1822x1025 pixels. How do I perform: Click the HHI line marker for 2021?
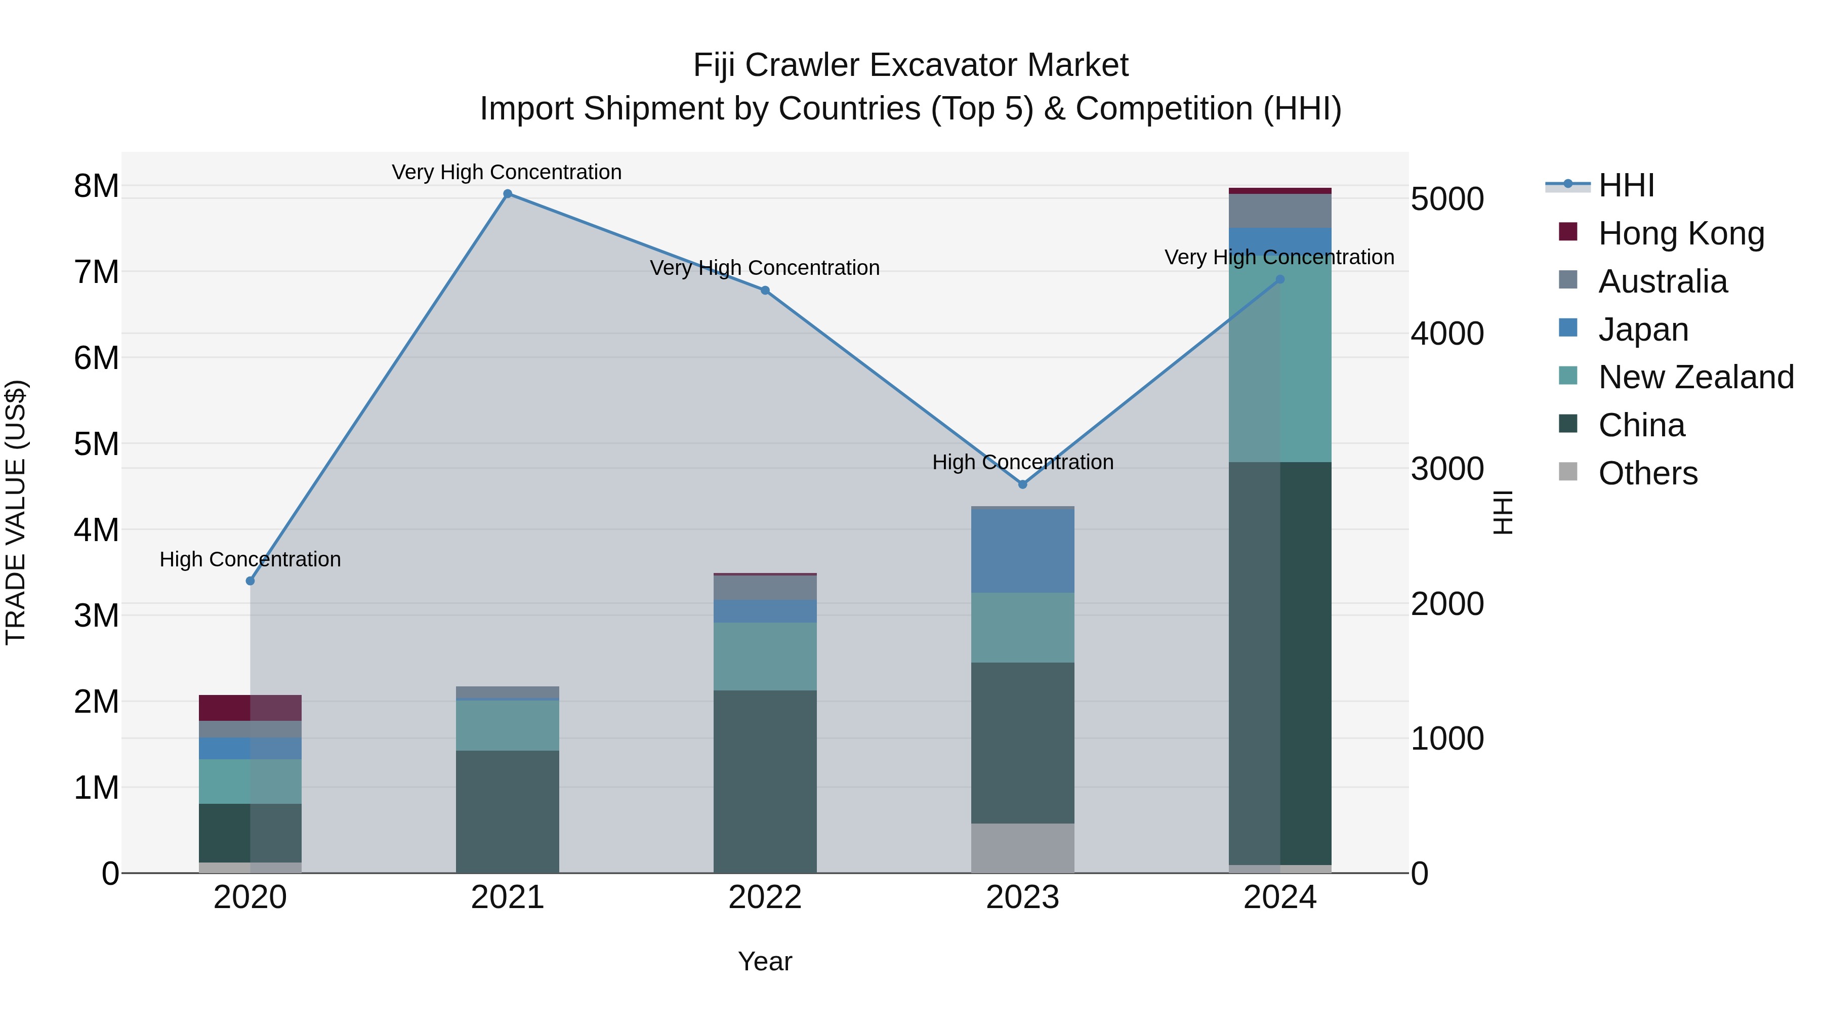point(507,194)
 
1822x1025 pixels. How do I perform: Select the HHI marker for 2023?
point(1022,484)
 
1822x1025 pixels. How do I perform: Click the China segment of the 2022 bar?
point(765,781)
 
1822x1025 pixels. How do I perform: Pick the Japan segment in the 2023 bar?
point(1022,550)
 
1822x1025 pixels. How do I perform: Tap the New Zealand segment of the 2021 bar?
point(507,725)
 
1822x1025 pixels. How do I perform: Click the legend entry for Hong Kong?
point(1680,233)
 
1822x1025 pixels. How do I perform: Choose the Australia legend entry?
point(1662,281)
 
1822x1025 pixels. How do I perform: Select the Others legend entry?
point(1647,473)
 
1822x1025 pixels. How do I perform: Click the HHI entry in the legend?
point(1625,185)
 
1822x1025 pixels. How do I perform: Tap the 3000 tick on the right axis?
point(1447,469)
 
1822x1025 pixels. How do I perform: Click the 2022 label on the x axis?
point(765,897)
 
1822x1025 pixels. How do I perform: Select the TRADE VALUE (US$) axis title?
point(16,512)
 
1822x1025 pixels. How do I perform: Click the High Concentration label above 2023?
point(1022,462)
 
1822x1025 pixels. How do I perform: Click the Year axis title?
point(765,961)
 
